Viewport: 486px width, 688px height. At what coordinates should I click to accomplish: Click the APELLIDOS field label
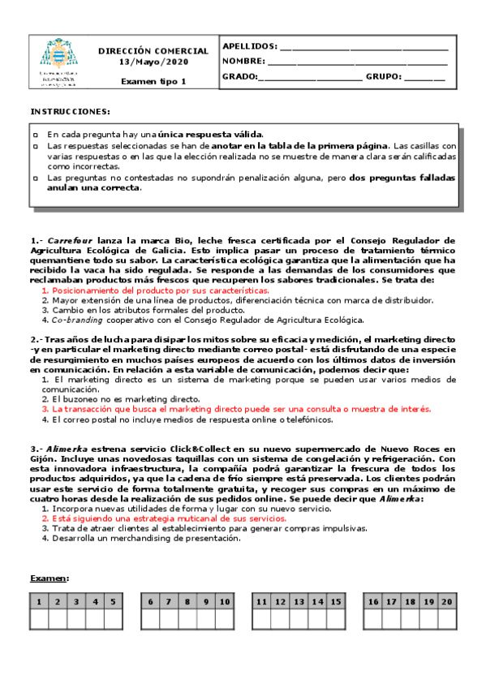coord(249,46)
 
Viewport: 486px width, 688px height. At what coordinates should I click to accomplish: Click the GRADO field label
coord(239,77)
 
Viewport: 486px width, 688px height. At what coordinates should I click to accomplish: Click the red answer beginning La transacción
coord(236,410)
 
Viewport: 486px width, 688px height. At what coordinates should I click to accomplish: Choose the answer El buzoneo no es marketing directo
coord(120,400)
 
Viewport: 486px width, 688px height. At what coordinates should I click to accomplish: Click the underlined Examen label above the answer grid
coord(49,578)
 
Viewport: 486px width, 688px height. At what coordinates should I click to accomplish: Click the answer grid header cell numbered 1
coord(38,602)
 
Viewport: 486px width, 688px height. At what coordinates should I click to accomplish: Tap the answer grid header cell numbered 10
coord(225,602)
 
